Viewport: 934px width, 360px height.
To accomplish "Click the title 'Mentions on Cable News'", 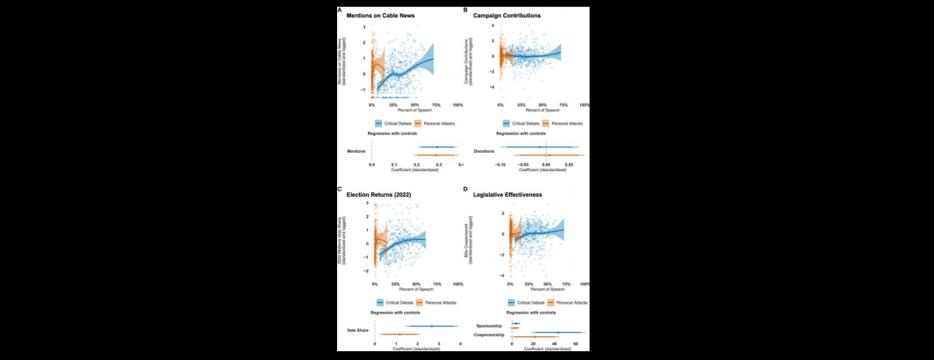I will click(380, 17).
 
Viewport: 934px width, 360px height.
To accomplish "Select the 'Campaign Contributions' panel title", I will click(508, 17).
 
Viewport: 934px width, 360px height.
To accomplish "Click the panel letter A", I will click(340, 10).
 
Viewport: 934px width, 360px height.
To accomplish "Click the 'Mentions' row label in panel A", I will click(357, 151).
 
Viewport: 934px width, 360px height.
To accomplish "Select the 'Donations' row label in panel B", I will click(485, 151).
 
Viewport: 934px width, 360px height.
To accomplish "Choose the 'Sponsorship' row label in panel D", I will click(487, 324).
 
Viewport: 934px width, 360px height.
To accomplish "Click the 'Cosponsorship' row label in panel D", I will click(489, 335).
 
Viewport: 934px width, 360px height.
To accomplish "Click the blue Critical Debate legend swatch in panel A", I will click(379, 124).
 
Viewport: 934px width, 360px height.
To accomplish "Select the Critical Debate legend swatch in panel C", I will click(379, 302).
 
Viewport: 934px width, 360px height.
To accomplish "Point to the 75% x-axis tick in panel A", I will click(436, 104).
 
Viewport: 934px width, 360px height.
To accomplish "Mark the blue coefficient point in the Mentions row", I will click(437, 147).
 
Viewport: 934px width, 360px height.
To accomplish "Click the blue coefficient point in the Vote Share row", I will click(432, 326).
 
